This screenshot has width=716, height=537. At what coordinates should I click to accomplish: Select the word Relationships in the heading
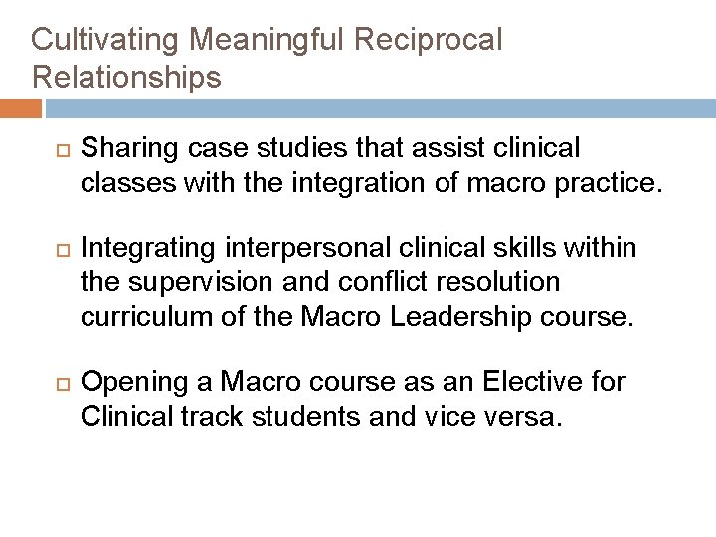(x=126, y=77)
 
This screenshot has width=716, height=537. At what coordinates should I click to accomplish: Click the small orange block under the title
(x=21, y=106)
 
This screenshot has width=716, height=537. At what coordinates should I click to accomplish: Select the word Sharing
(x=122, y=149)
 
